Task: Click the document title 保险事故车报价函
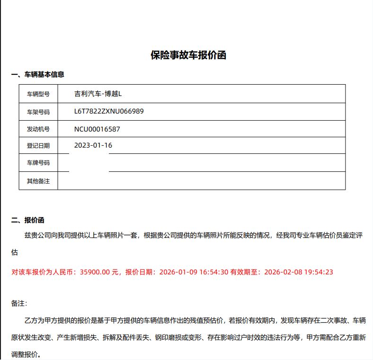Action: coord(188,55)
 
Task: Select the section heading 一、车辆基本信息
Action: coord(38,74)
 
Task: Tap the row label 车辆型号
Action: coord(38,94)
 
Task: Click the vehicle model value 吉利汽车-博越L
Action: coord(98,94)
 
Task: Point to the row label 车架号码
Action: coord(38,112)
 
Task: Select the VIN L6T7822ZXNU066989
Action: coord(109,111)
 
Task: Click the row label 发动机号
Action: coord(38,129)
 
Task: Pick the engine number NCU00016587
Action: coord(100,129)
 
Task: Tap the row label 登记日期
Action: coord(38,146)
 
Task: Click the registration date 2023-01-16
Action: coord(93,145)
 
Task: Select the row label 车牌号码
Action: coord(38,163)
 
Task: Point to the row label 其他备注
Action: coord(38,181)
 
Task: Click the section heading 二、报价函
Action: coord(28,220)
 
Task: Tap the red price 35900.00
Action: coord(95,272)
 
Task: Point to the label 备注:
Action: coord(19,303)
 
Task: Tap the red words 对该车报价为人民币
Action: coord(44,272)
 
